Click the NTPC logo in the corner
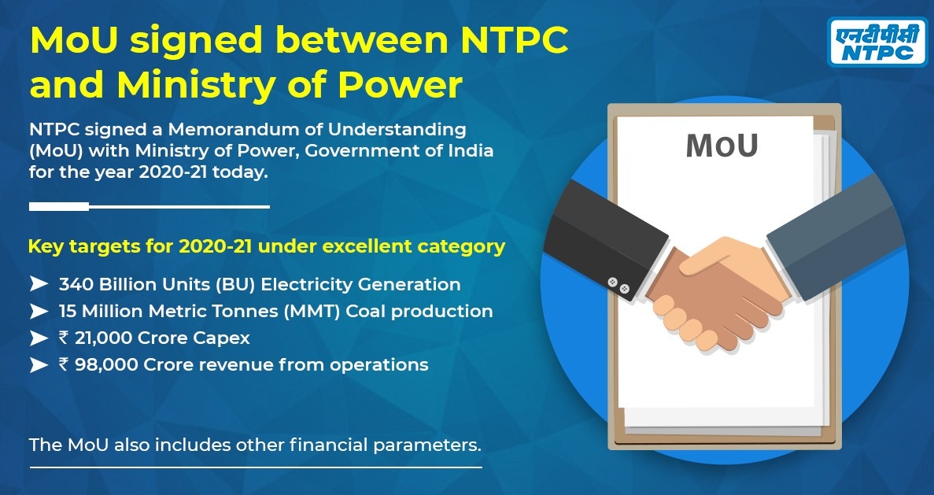pos(877,41)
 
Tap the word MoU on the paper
pos(722,146)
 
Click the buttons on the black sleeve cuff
pos(618,285)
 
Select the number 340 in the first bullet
pos(76,285)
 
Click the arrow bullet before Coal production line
pos(39,311)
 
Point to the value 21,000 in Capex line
pos(104,338)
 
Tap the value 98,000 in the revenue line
pos(104,364)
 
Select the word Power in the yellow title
pos(400,86)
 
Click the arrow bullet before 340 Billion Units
pos(39,284)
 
